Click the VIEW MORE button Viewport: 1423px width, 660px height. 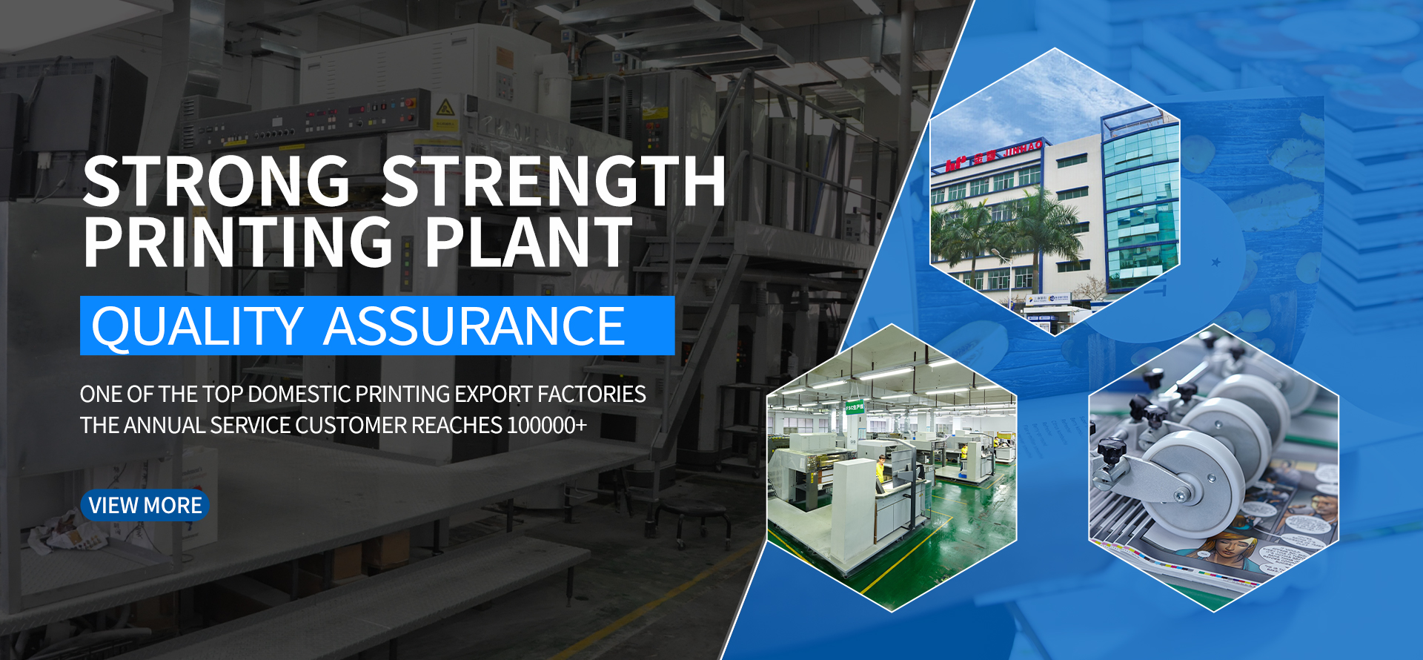click(x=145, y=505)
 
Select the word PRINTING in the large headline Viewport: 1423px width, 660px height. click(x=238, y=242)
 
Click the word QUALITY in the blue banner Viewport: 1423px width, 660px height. click(x=196, y=326)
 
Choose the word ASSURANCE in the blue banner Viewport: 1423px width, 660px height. click(x=474, y=326)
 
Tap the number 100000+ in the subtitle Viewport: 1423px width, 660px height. click(x=547, y=426)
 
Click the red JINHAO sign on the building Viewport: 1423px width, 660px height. click(x=1023, y=148)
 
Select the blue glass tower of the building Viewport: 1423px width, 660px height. click(x=1141, y=200)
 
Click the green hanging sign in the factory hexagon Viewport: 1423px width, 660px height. click(x=855, y=407)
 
